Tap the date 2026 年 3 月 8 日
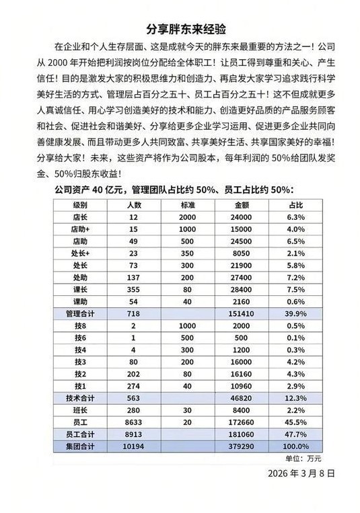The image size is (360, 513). coord(301,473)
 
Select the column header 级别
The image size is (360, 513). coord(80,205)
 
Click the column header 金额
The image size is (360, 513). coord(242,205)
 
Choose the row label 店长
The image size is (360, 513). coord(80,217)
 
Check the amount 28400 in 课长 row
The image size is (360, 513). coord(242,289)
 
